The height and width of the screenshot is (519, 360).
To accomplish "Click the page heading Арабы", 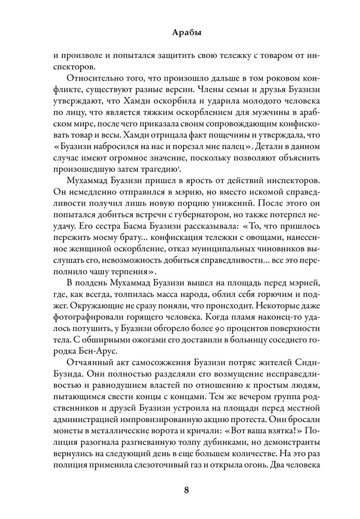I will click(179, 32).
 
